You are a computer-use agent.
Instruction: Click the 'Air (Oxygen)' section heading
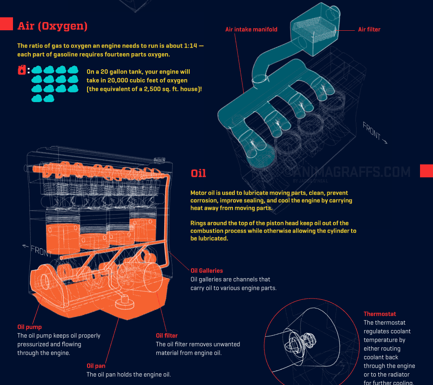(x=52, y=26)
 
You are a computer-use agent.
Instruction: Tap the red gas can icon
(x=22, y=70)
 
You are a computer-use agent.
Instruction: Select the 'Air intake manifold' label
(x=251, y=29)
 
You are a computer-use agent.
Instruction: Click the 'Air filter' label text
(x=369, y=29)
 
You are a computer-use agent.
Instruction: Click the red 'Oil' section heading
(x=198, y=173)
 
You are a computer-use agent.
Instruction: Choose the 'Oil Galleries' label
(x=207, y=271)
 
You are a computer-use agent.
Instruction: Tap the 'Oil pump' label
(x=29, y=327)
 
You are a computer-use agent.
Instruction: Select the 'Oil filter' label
(x=167, y=336)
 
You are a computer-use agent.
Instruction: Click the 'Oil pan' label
(x=96, y=366)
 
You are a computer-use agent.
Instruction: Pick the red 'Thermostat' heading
(x=380, y=314)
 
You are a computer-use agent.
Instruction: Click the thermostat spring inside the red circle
(x=300, y=342)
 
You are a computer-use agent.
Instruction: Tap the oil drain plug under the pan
(x=125, y=302)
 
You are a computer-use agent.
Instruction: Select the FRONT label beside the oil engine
(x=37, y=250)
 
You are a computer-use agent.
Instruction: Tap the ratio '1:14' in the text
(x=190, y=46)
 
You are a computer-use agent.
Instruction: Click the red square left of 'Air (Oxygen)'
(x=6, y=24)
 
